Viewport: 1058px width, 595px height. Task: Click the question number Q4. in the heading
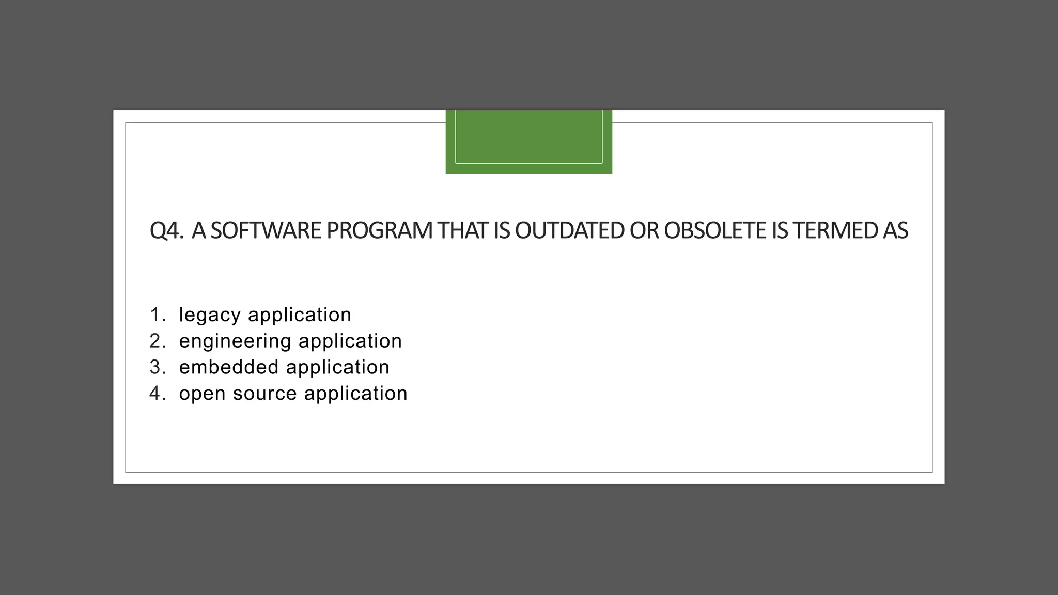166,230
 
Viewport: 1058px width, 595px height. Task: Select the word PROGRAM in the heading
379,230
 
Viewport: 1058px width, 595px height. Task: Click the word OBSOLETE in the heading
715,230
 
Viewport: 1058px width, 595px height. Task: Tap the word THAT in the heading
462,230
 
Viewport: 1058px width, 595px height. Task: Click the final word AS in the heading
895,230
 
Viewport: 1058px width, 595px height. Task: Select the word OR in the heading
644,230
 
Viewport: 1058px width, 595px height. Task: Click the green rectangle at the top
528,142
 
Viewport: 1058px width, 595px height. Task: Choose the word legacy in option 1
210,315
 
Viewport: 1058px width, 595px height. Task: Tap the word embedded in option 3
229,367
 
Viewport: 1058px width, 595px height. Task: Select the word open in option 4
202,394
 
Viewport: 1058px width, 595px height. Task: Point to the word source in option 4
264,394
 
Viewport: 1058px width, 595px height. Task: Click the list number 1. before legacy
157,315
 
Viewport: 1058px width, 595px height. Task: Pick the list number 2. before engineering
157,341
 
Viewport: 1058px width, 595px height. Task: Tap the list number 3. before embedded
157,367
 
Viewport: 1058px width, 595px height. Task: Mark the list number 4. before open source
157,394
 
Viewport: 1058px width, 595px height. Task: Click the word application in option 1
300,315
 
